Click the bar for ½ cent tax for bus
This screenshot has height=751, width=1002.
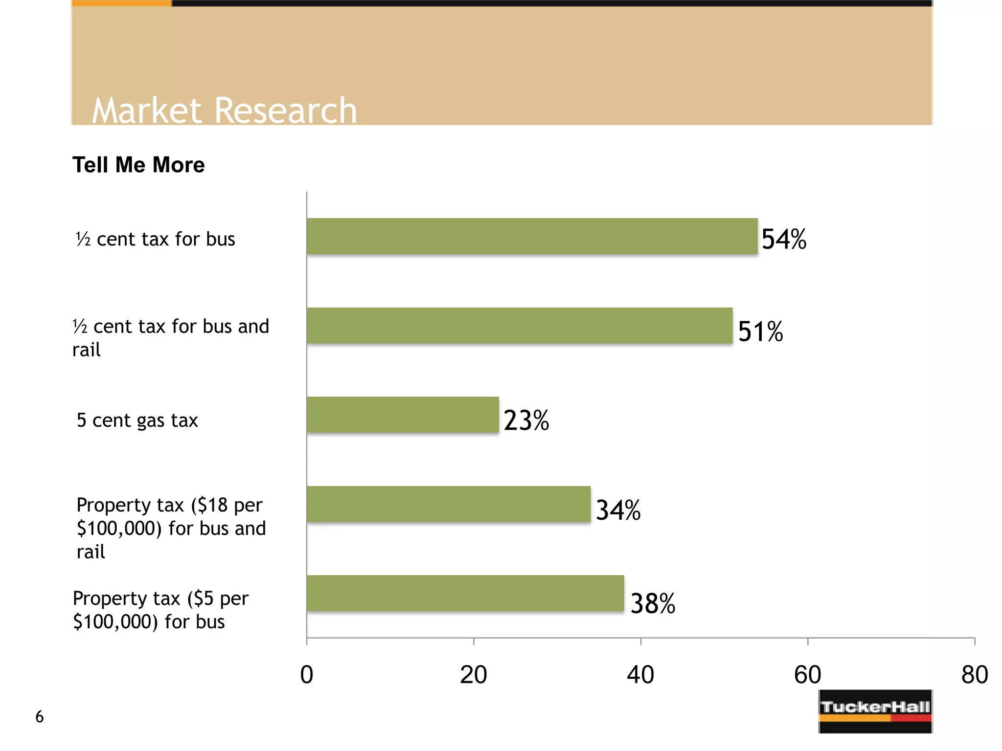tap(532, 236)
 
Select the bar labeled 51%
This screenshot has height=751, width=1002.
tap(520, 326)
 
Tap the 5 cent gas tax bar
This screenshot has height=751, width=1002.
tap(403, 415)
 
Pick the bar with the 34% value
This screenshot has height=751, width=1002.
tap(449, 504)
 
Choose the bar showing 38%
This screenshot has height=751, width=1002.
tap(465, 593)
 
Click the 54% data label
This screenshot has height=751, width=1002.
tap(784, 240)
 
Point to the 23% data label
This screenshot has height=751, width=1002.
tap(526, 420)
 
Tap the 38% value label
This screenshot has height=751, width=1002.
tap(653, 603)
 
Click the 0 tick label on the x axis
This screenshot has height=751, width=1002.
tap(307, 675)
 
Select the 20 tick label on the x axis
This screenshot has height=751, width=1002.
tap(474, 675)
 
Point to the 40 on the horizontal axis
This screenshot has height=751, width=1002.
tap(640, 675)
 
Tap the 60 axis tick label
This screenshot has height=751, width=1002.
tap(807, 675)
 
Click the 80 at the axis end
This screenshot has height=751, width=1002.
tap(974, 675)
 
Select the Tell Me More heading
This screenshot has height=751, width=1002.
tap(138, 165)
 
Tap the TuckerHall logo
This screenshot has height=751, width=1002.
tap(875, 711)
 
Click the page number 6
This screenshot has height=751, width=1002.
tap(40, 717)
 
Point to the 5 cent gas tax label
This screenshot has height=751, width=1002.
tap(137, 420)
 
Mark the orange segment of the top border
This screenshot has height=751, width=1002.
tap(121, 3)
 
